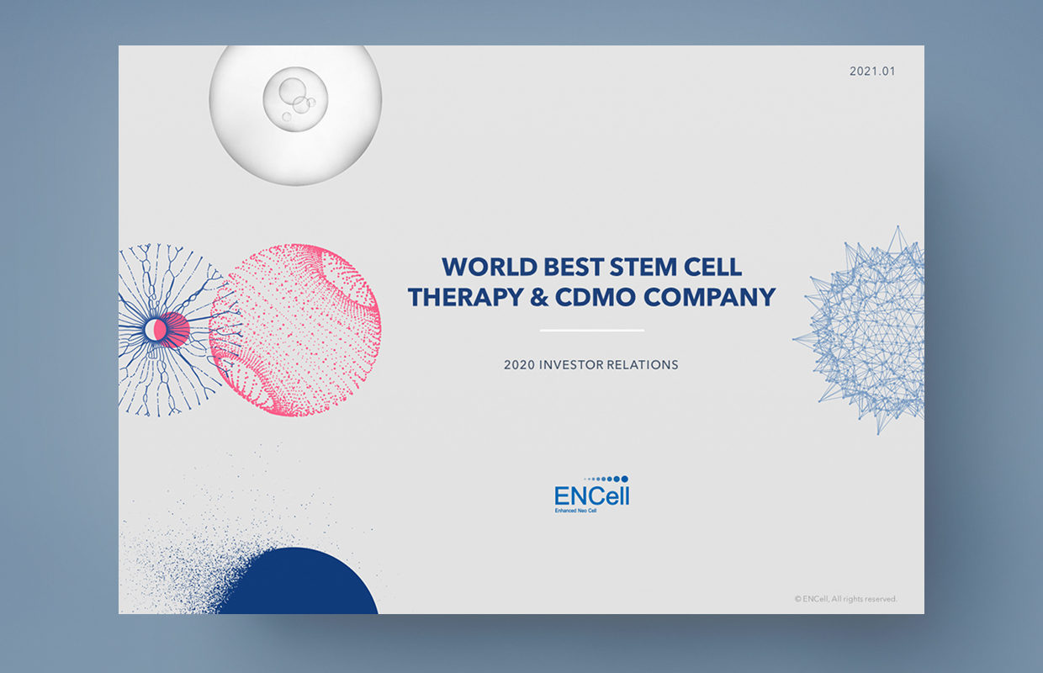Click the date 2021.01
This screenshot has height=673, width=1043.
click(x=872, y=72)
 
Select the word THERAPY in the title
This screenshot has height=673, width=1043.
click(x=465, y=297)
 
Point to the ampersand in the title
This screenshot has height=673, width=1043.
click(x=538, y=297)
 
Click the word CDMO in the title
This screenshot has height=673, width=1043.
click(x=596, y=297)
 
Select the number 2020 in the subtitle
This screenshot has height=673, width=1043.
click(x=519, y=364)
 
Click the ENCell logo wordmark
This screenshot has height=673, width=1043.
click(x=592, y=495)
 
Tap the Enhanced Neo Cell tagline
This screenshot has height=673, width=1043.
click(x=575, y=511)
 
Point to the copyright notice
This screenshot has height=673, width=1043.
click(x=845, y=599)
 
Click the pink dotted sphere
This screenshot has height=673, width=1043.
click(x=295, y=330)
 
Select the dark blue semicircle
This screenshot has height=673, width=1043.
click(x=298, y=582)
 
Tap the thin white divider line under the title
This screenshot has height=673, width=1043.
click(x=592, y=331)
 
